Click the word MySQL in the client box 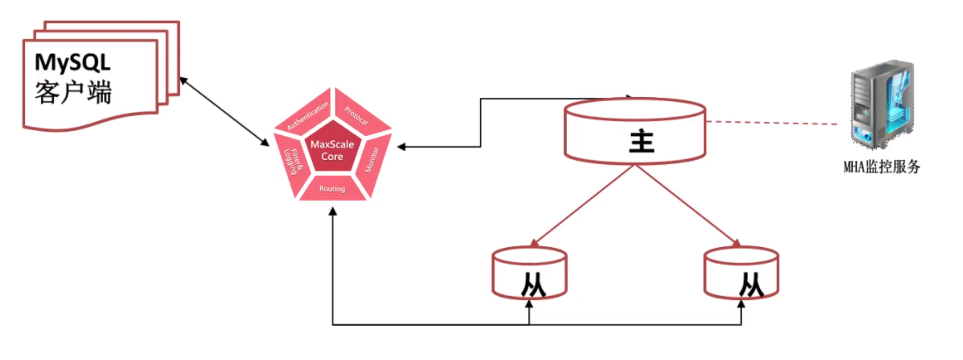72,62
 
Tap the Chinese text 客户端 73,92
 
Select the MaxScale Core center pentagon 332,150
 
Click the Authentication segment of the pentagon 308,115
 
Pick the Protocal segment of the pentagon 357,115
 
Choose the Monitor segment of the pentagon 372,160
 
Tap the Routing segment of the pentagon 332,188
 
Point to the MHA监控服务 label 881,166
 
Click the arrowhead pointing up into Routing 332,211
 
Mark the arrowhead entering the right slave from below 741,304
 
